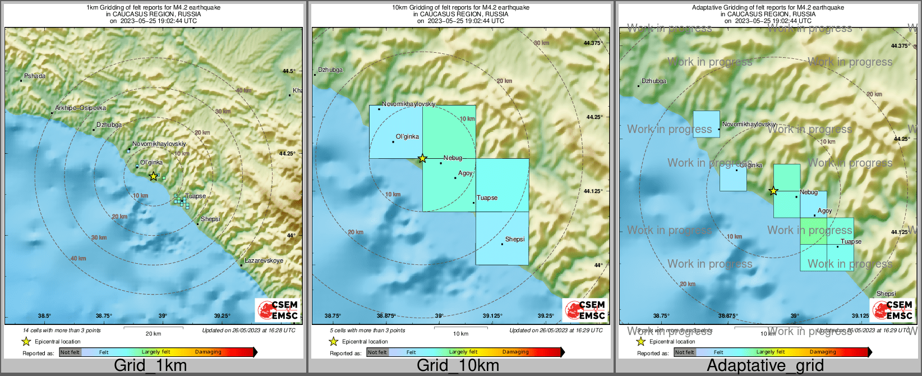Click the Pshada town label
[35, 76]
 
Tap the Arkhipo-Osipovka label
[80, 108]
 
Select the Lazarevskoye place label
[264, 260]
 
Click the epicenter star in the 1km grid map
[154, 176]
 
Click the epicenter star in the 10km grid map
[422, 159]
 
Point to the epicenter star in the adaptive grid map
[773, 191]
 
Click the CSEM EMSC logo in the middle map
[585, 310]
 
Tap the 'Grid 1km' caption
[150, 365]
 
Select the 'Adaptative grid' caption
[765, 365]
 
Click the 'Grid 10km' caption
[458, 365]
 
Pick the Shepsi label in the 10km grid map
[515, 239]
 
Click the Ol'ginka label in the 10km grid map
[407, 136]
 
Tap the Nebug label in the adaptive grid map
[809, 192]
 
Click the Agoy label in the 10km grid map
[465, 173]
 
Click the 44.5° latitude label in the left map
[288, 71]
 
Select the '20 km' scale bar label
[153, 333]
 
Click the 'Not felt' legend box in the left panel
[70, 352]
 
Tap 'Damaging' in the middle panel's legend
[515, 352]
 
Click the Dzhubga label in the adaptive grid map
[654, 81]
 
